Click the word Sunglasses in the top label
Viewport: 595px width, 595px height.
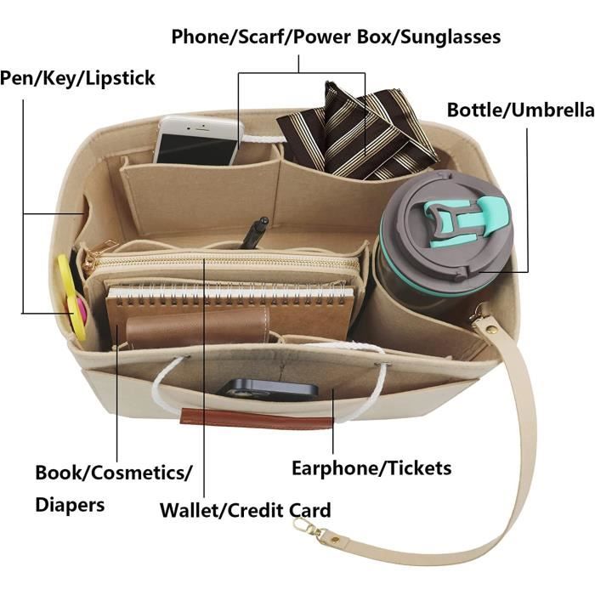[450, 37]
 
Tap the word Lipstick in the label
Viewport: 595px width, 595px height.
[121, 78]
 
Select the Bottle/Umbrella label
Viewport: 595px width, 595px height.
[520, 110]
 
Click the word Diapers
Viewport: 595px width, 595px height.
[70, 506]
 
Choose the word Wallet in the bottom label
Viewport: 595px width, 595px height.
[190, 510]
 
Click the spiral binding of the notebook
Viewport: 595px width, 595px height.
[231, 297]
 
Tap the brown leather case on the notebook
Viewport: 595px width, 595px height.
[198, 326]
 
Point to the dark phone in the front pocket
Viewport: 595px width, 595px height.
[267, 389]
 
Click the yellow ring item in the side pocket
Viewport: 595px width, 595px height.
[71, 297]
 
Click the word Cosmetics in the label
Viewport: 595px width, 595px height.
[138, 473]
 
